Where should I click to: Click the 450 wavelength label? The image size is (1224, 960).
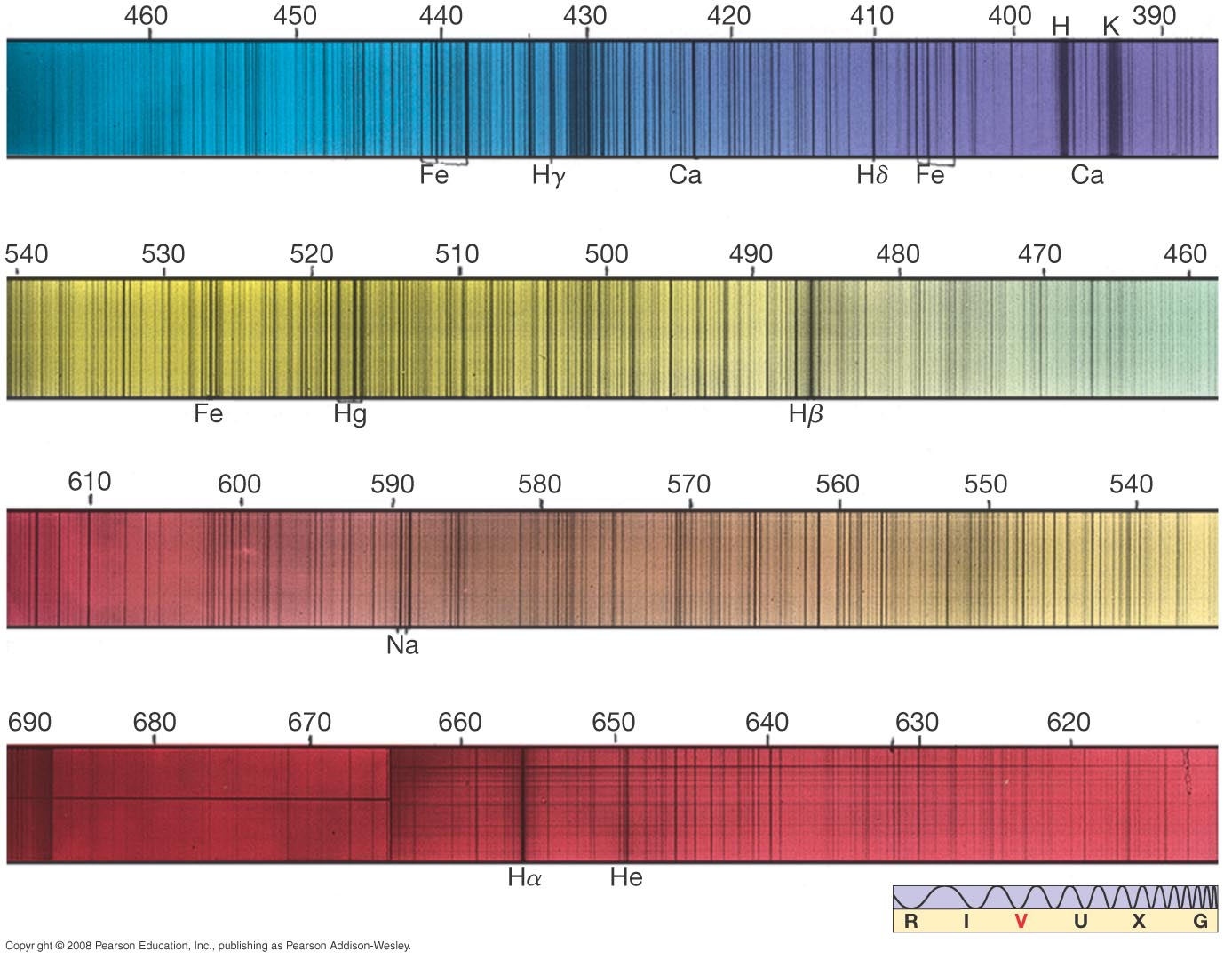[295, 16]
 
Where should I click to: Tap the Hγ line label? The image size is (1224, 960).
[548, 175]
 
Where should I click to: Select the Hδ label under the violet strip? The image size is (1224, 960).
[871, 175]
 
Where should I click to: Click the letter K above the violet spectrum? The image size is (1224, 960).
[1110, 26]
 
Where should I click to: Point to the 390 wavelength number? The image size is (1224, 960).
[1154, 16]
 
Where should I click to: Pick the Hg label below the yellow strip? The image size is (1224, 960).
[350, 414]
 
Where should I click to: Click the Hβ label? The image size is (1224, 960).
[806, 414]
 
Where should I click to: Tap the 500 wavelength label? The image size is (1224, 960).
[606, 254]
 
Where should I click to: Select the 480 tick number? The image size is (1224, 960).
[897, 254]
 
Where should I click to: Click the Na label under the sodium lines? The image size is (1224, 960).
[402, 644]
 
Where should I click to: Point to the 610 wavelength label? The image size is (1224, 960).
[90, 481]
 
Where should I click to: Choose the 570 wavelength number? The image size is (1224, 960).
[688, 484]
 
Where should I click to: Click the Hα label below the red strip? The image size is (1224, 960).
[524, 877]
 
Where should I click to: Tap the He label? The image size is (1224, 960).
[625, 877]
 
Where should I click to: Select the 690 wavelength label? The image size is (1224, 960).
[29, 722]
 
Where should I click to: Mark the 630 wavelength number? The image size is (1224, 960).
[917, 722]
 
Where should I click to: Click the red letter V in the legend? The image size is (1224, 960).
[1021, 921]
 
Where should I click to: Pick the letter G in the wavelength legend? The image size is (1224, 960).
[1200, 921]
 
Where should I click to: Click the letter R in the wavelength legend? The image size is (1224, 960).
[910, 921]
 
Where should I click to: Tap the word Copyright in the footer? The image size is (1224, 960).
[28, 946]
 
